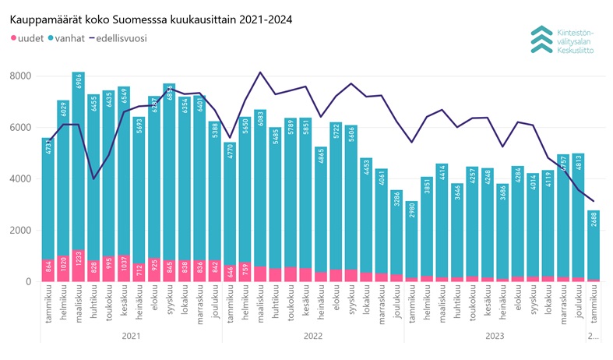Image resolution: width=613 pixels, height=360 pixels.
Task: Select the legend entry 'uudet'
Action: [26, 37]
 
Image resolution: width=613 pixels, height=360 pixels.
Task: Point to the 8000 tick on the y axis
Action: [20, 76]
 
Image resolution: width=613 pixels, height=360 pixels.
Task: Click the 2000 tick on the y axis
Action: [20, 230]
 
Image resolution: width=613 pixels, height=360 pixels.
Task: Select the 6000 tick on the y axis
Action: [20, 127]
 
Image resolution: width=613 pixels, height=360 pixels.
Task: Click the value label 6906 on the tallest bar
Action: [79, 83]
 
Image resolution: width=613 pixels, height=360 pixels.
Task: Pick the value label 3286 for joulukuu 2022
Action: [396, 202]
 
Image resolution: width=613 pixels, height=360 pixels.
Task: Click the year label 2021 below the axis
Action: [131, 337]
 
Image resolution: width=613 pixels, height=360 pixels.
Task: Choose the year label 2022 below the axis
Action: [313, 337]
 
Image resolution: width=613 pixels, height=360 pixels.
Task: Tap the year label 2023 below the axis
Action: [495, 337]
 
